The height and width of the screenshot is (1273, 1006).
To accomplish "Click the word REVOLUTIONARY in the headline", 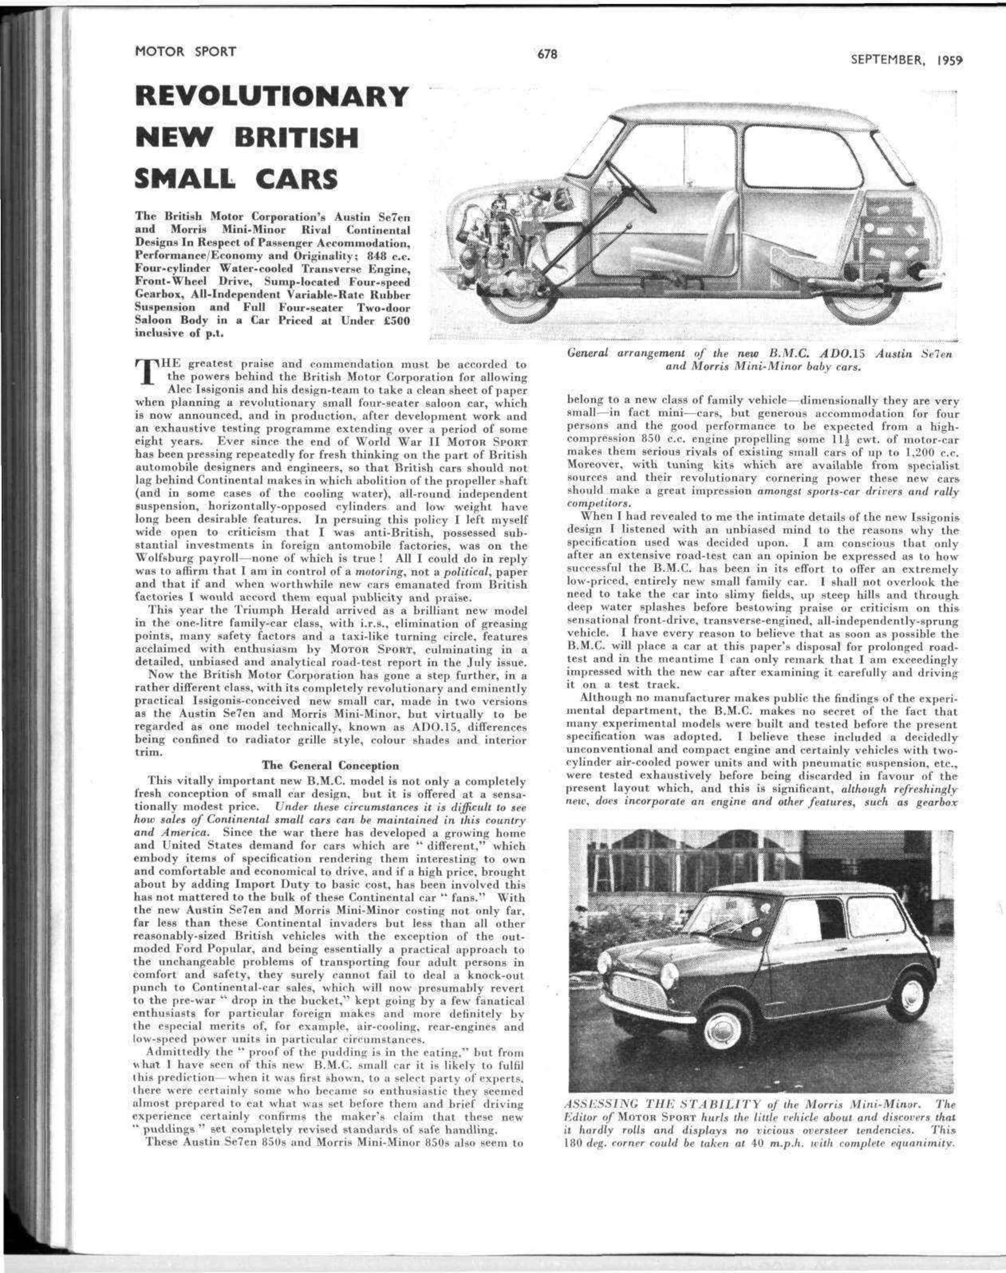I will pos(272,97).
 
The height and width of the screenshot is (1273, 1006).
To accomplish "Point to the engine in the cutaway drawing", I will pos(500,236).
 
